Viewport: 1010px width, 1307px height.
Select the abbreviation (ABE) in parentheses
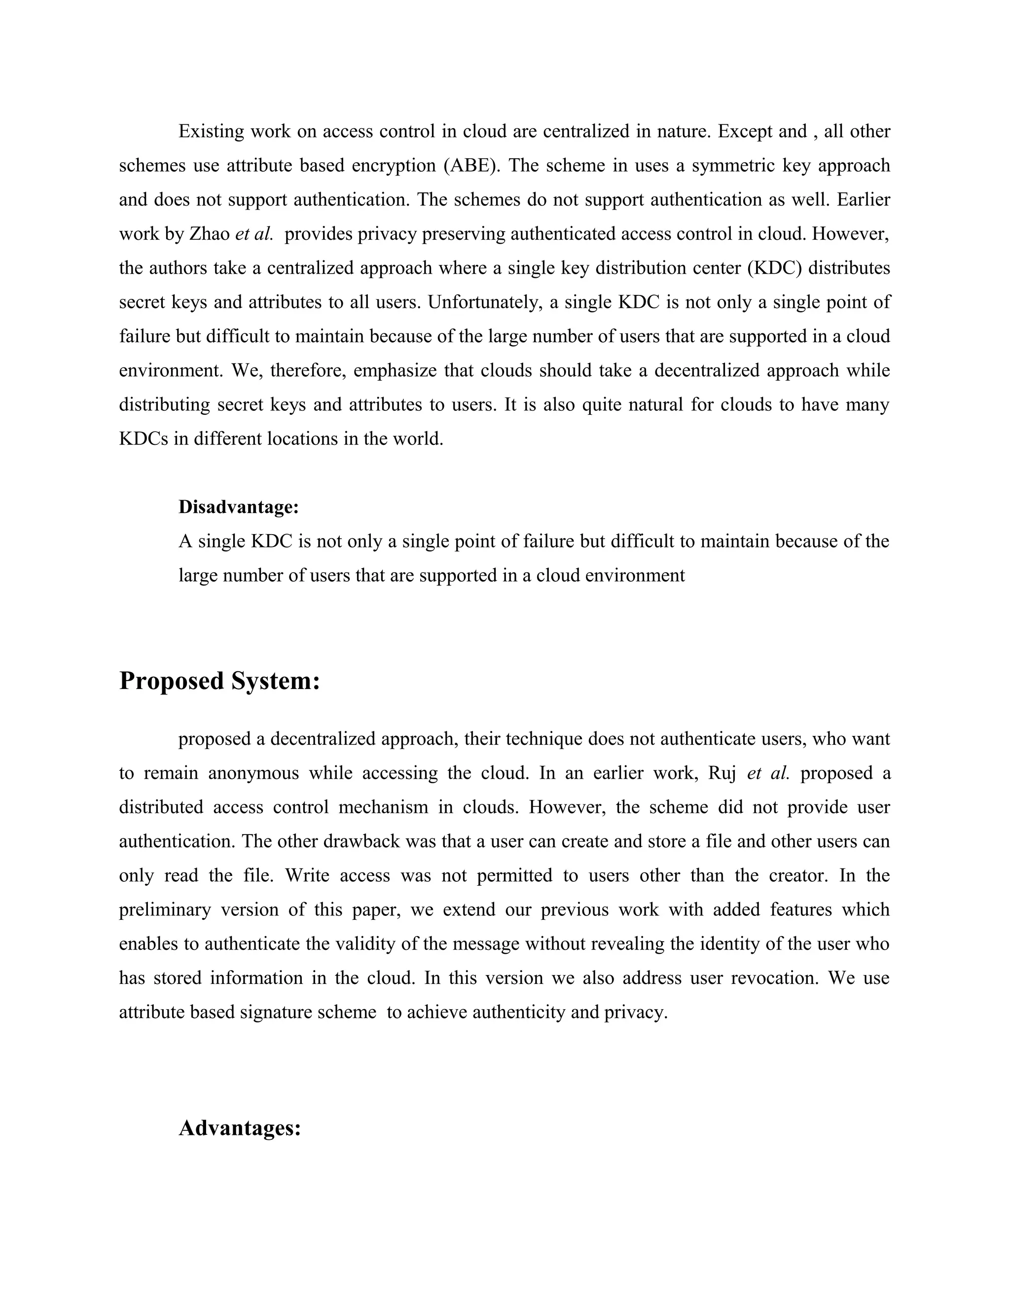(472, 165)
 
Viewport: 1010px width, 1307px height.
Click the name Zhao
(210, 233)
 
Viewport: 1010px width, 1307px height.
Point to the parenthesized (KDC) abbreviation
(774, 267)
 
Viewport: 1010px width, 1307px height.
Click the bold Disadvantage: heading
(238, 508)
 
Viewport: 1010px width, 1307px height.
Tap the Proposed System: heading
(219, 681)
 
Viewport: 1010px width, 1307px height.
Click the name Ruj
(721, 773)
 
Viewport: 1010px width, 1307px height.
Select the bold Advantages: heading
(239, 1128)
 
